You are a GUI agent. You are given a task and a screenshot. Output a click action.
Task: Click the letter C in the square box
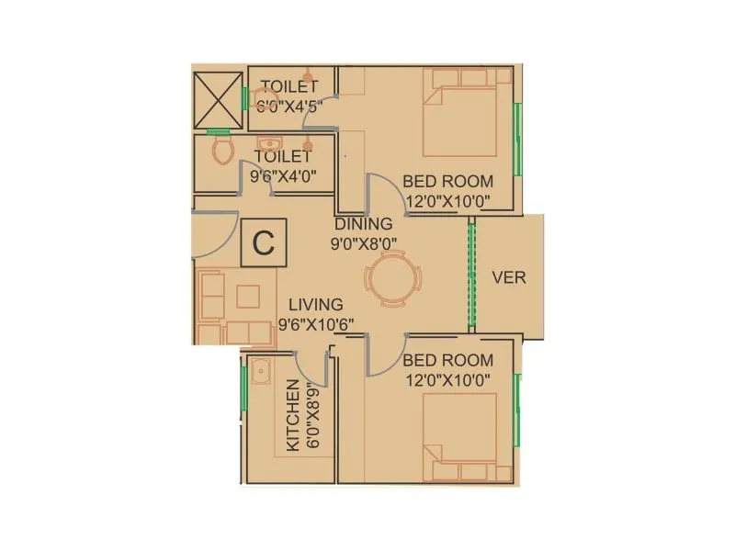tap(264, 243)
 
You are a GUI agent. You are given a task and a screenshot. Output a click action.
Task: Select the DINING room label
tap(363, 223)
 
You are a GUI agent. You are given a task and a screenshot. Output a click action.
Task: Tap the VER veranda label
tap(509, 276)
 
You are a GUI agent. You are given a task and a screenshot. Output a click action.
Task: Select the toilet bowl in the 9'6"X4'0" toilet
tap(221, 149)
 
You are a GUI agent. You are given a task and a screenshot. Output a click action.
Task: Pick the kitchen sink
tap(260, 371)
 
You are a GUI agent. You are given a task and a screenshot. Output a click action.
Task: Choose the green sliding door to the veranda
tap(472, 274)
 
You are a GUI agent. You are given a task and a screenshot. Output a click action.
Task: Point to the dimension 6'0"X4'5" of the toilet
tap(291, 105)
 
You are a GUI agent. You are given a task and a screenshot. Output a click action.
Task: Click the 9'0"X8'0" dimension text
tap(363, 244)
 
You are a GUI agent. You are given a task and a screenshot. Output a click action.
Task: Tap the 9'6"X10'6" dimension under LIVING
tap(316, 323)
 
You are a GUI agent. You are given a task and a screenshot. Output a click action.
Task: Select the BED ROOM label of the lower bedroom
tap(447, 360)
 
